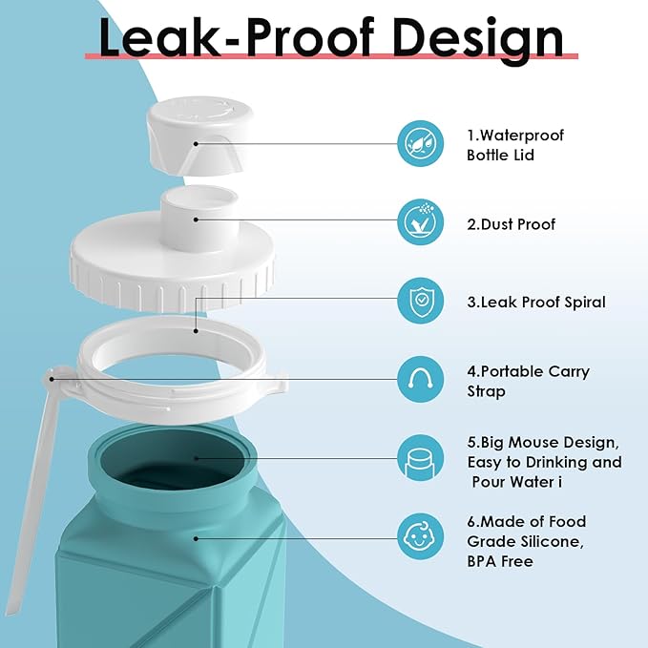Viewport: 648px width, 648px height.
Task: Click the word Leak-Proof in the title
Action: (x=237, y=37)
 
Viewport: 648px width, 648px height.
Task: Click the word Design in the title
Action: (x=478, y=40)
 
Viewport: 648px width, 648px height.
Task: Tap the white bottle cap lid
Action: (x=199, y=136)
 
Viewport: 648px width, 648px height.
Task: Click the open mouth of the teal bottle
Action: (x=173, y=459)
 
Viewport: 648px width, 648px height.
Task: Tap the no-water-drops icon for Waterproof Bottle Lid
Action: (x=420, y=143)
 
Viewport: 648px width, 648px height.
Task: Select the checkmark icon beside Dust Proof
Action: (x=420, y=222)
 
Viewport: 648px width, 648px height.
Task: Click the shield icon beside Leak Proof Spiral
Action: (x=420, y=301)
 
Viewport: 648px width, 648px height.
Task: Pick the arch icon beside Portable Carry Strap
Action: (x=420, y=379)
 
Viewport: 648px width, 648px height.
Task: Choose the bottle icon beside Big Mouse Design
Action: (x=420, y=458)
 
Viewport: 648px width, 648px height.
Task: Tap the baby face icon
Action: (x=420, y=536)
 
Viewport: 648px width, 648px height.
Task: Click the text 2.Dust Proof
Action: (x=512, y=224)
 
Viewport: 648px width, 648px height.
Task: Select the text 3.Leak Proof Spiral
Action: (x=536, y=303)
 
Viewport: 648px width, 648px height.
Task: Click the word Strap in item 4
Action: (x=486, y=391)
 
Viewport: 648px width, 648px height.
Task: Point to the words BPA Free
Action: (x=500, y=561)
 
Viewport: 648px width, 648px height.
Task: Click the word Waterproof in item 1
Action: (x=522, y=136)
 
